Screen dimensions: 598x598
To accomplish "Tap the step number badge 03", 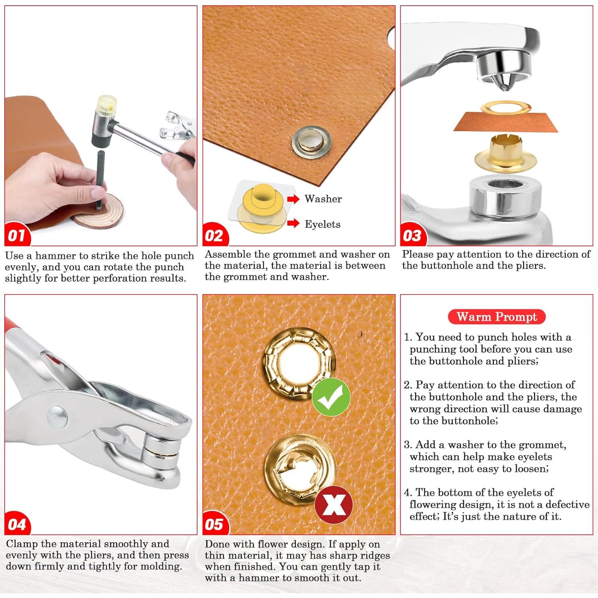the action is click(x=413, y=235).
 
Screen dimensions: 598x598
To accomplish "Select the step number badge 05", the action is click(x=215, y=523).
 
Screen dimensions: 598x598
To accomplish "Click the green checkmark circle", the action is click(x=331, y=397).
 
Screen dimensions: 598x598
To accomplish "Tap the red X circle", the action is click(x=334, y=505).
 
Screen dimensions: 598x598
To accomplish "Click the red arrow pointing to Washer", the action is click(x=293, y=199).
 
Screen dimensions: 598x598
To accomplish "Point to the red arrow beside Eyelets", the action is click(x=293, y=223).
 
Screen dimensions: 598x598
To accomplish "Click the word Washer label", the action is click(x=323, y=199).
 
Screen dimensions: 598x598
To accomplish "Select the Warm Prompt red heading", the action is click(x=496, y=317).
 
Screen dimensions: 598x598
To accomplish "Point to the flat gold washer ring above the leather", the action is click(x=506, y=107).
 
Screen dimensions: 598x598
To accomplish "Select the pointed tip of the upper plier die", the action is click(x=505, y=88).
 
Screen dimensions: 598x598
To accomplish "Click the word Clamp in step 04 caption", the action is click(x=22, y=544).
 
